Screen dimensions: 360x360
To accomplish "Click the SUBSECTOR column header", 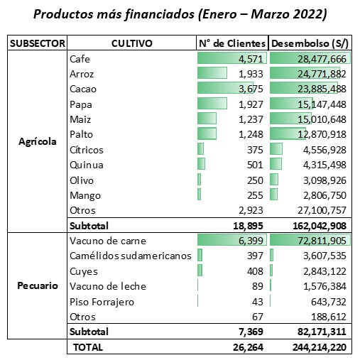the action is click(x=37, y=43).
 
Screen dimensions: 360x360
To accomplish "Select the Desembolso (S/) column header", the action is click(x=310, y=43).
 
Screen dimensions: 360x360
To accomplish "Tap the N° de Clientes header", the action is click(x=232, y=43).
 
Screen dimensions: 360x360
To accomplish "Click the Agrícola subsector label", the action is click(x=38, y=141).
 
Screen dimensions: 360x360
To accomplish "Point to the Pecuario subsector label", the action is click(x=38, y=285).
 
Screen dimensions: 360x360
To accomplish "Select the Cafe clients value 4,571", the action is click(x=251, y=59).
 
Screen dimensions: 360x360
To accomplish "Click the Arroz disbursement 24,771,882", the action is click(x=322, y=74).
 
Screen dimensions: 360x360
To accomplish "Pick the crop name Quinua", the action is click(x=87, y=165).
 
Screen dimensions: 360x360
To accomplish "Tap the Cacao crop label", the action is click(x=83, y=89).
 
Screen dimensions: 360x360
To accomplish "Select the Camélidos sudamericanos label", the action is click(x=131, y=256).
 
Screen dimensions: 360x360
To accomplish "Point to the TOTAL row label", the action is click(x=88, y=347).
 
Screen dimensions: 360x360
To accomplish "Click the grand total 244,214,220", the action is click(x=320, y=347).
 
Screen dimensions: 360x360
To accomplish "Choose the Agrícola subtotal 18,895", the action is click(x=248, y=226).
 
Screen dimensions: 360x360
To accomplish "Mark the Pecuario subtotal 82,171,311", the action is click(x=322, y=332).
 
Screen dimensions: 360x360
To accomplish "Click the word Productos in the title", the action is click(x=63, y=14).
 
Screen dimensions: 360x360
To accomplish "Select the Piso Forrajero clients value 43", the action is click(x=258, y=302).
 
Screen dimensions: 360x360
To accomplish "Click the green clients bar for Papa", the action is click(x=212, y=104).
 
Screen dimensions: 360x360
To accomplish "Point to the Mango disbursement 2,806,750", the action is click(x=324, y=195).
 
